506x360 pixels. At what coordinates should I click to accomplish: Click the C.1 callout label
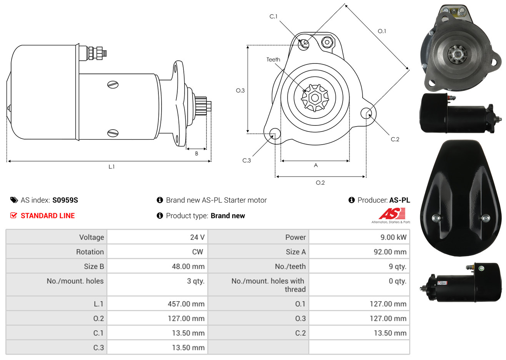click(x=273, y=17)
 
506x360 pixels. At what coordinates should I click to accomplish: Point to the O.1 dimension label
click(x=382, y=31)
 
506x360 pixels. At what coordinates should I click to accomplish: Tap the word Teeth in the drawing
click(x=273, y=60)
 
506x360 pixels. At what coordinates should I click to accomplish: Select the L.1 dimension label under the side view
click(x=112, y=167)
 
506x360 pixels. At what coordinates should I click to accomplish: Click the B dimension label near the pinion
click(x=196, y=154)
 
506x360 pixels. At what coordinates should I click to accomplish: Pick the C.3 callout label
click(x=246, y=160)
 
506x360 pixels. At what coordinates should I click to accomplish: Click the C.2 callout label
click(x=395, y=139)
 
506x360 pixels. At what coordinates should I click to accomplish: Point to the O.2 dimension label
click(x=320, y=183)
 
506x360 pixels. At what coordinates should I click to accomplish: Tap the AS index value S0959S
click(x=65, y=200)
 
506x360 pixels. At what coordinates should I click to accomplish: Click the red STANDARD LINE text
click(x=48, y=216)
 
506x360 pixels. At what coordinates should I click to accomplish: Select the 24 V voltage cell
click(x=197, y=237)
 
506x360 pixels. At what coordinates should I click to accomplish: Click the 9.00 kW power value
click(x=393, y=237)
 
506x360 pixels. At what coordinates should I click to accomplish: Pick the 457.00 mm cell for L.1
click(x=186, y=304)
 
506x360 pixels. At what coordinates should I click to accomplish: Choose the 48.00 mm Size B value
click(x=188, y=267)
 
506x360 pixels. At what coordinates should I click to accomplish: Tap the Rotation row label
click(x=90, y=252)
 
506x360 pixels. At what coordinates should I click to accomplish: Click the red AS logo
click(x=392, y=214)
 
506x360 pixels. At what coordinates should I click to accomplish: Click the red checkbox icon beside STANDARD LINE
click(x=13, y=215)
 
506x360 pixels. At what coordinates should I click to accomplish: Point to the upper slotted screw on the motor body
click(x=113, y=85)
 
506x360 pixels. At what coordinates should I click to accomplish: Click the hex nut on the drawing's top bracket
click(x=327, y=42)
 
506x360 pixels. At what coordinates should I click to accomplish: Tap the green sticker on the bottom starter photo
click(x=481, y=268)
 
